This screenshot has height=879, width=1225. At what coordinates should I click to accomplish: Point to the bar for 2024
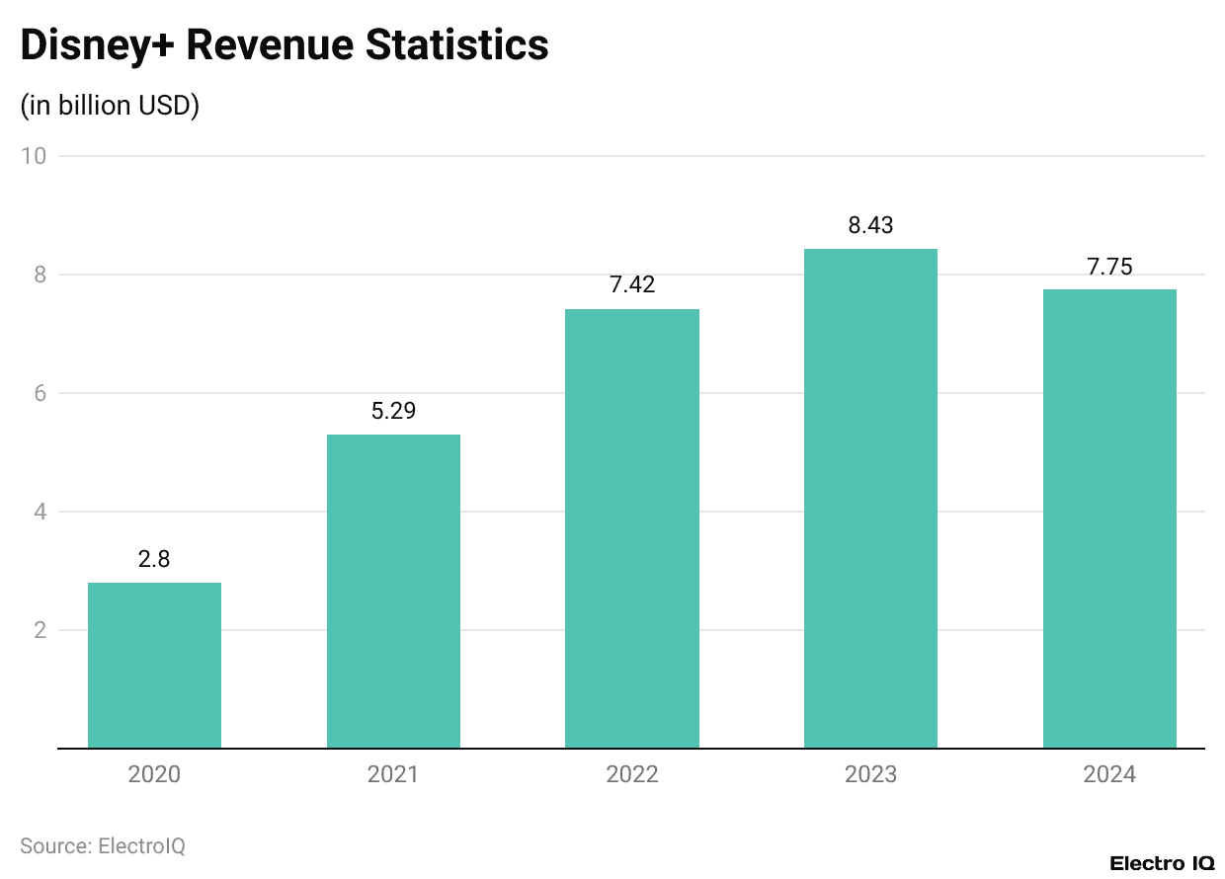click(x=1109, y=519)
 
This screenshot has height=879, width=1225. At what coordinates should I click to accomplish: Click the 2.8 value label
click(x=154, y=559)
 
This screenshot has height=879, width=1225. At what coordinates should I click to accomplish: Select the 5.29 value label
click(x=393, y=411)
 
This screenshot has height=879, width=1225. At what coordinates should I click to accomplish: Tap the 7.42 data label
click(x=632, y=285)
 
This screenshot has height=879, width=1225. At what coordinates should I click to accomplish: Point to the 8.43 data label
click(x=870, y=225)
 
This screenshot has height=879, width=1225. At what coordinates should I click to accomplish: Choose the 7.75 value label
click(x=1109, y=266)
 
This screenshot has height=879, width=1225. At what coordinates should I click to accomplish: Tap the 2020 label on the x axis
click(x=154, y=774)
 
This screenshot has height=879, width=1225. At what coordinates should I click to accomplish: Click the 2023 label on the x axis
click(x=870, y=774)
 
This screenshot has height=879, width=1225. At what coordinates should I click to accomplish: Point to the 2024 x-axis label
click(x=1109, y=774)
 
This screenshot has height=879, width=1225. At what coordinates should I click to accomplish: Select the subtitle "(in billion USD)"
click(x=110, y=106)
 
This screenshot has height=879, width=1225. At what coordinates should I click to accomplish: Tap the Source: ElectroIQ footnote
click(x=103, y=845)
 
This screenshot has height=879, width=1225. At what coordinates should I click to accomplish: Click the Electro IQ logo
click(x=1161, y=862)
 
